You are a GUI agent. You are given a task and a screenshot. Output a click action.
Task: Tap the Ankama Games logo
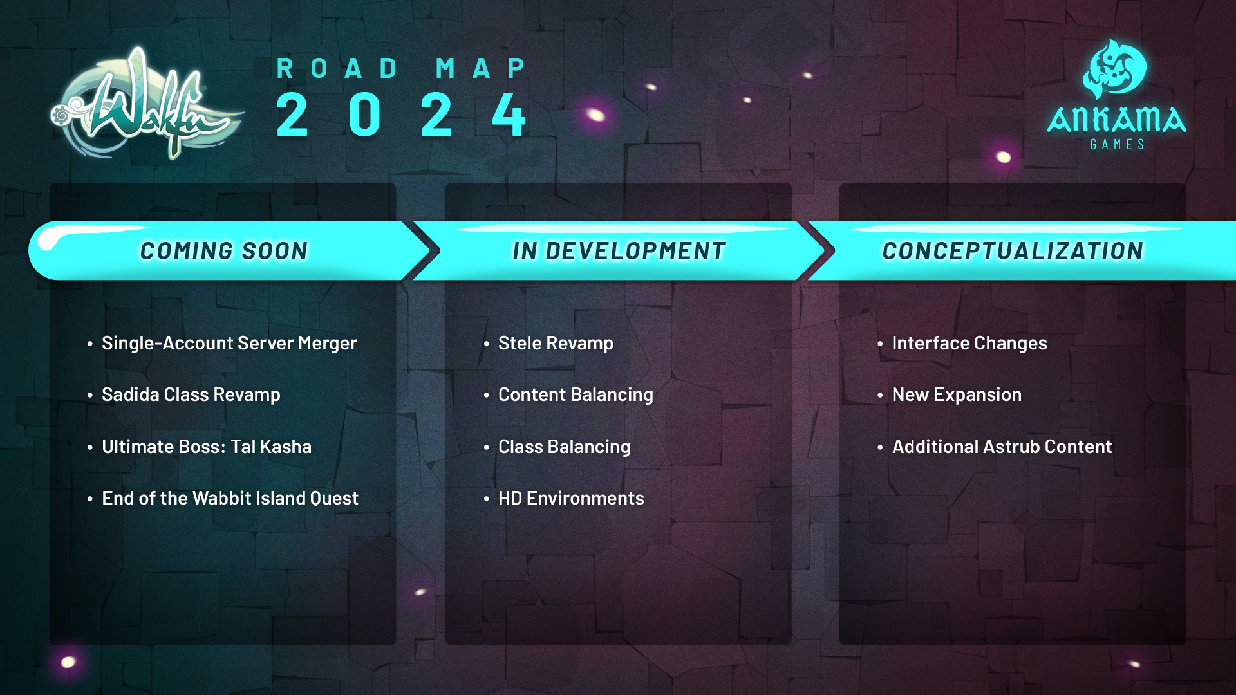pos(1117,95)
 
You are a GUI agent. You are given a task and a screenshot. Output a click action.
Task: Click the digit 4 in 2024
pos(509,115)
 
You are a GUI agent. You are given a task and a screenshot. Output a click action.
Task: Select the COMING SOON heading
pos(224,251)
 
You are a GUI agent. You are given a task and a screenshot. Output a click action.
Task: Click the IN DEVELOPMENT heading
pos(619,251)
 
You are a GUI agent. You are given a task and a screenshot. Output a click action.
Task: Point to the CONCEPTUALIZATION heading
pos(1013,251)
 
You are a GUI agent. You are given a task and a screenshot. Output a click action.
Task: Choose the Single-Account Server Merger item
pos(229,344)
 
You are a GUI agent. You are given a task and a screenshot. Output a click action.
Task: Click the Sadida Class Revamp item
pos(191,395)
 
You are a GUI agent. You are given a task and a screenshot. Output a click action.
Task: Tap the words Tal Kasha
pos(271,447)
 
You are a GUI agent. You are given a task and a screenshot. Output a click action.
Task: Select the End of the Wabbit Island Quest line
pos(230,498)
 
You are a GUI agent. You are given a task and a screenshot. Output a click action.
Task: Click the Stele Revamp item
pos(556,344)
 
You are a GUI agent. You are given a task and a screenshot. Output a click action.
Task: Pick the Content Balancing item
pos(576,395)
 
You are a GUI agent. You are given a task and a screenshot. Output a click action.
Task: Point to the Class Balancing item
pos(564,447)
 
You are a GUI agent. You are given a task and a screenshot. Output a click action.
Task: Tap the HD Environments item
pos(571,498)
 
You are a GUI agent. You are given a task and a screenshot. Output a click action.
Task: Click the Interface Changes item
pos(969,344)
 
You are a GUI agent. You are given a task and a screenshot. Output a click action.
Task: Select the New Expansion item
pos(957,395)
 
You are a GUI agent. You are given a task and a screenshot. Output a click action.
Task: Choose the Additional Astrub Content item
pos(1002,447)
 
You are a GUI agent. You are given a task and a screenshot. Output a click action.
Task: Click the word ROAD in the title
pos(338,68)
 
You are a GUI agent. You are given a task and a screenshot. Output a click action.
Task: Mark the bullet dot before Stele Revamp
pos(487,344)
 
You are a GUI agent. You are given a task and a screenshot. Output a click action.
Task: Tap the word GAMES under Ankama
pos(1118,145)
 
